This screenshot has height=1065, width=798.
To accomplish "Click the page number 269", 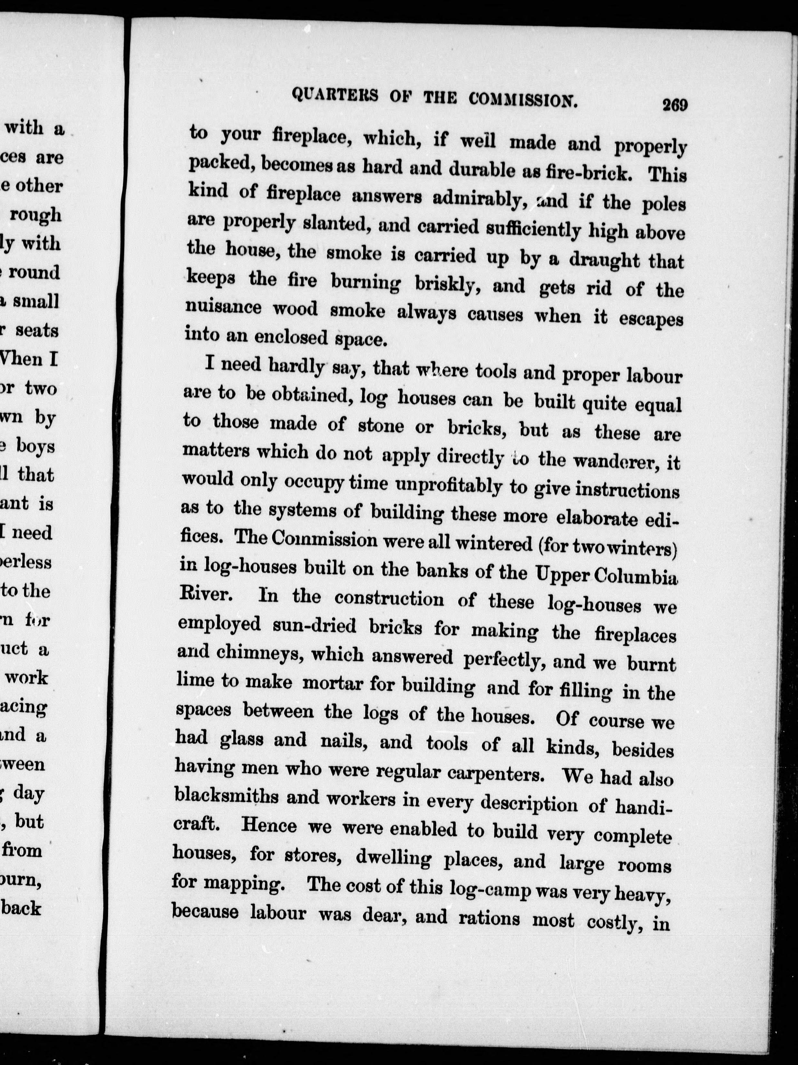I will [675, 105].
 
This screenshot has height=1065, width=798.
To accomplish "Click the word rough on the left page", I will [36, 215].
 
